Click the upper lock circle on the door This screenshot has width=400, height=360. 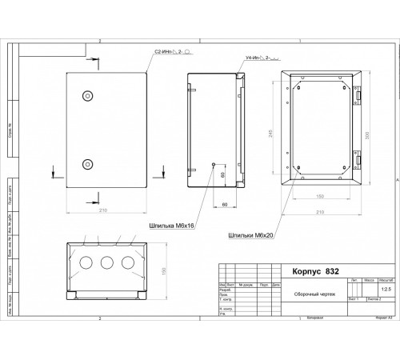86,96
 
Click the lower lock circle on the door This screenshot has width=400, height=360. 86,165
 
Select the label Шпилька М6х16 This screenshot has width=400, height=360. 172,226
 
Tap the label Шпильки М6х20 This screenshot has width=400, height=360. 250,236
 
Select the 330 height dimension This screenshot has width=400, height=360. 369,135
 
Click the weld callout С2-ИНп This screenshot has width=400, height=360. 173,51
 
